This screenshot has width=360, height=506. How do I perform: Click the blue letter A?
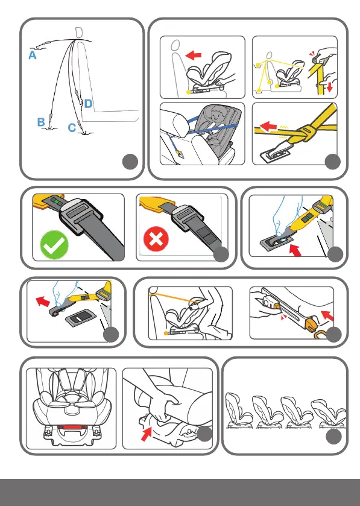point(32,55)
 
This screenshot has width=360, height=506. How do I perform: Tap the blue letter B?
point(40,122)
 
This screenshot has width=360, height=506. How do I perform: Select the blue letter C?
point(72,128)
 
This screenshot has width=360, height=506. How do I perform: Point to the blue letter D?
point(88,104)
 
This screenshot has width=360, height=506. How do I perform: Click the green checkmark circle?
point(54,245)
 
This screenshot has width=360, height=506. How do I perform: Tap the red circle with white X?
point(156,239)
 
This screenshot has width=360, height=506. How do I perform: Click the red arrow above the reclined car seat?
point(194,55)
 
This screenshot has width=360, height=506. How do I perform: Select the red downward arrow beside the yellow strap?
point(329,86)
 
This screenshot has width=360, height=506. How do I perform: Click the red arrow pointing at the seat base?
point(146,434)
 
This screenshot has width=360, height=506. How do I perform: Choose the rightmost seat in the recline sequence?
point(329,413)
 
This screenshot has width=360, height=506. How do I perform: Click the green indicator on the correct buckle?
point(57,201)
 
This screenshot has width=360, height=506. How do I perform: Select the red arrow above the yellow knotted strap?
point(268,126)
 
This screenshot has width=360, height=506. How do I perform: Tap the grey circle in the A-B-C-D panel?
point(130,162)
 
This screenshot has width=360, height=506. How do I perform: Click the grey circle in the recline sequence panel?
point(333,437)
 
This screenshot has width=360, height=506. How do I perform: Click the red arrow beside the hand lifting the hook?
point(43,302)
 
